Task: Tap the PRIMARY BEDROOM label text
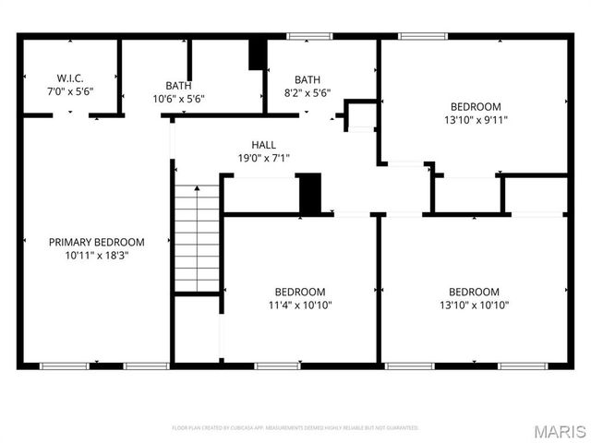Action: [x=96, y=242]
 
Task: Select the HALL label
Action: [x=263, y=145]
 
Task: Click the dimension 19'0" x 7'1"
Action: [x=263, y=158]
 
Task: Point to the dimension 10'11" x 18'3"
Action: [x=96, y=256]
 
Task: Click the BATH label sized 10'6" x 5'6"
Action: [x=178, y=85]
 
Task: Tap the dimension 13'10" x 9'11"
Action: [x=476, y=119]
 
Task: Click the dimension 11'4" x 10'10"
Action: [x=300, y=305]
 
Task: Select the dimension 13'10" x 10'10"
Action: [x=475, y=305]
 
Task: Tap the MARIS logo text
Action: [x=558, y=430]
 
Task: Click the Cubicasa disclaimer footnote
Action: [x=295, y=428]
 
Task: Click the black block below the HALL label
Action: [x=309, y=193]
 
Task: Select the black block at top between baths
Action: [x=258, y=54]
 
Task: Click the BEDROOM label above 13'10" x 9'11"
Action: [x=476, y=106]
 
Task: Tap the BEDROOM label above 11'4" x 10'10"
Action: [x=300, y=292]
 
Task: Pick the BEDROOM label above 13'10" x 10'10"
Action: [x=475, y=292]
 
